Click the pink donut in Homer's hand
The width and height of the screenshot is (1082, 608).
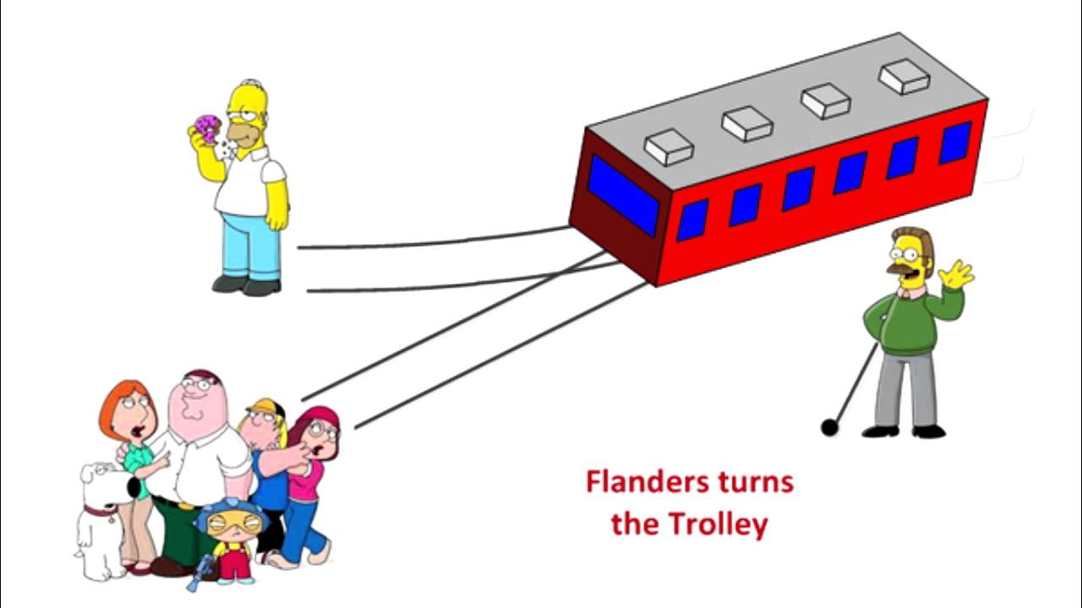[x=207, y=128]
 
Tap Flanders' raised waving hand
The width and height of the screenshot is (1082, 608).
[x=956, y=274]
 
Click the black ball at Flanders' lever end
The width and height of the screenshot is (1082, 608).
[x=829, y=428]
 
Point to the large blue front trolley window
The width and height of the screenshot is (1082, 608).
[x=624, y=195]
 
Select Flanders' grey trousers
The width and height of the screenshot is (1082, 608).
[x=905, y=388]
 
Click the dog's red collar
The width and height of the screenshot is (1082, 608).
[x=101, y=509]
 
